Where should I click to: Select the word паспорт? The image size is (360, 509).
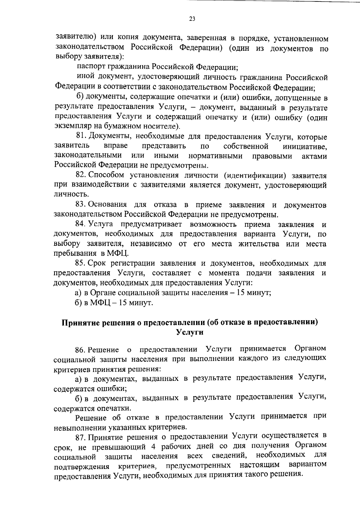click(90, 67)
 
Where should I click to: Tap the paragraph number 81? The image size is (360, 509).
click(81, 137)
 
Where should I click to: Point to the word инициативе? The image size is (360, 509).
click(305, 146)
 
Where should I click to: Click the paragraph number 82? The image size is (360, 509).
click(81, 175)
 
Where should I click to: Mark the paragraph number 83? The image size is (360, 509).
click(81, 205)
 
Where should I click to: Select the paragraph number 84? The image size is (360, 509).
click(81, 224)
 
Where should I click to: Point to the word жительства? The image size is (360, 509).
click(259, 244)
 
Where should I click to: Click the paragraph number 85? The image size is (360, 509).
click(81, 263)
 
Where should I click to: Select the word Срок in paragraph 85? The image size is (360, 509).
click(98, 263)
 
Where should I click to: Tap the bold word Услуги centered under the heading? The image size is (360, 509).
click(190, 332)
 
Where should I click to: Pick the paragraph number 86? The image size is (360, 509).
click(81, 350)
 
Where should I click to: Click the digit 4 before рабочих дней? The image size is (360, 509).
click(153, 446)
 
